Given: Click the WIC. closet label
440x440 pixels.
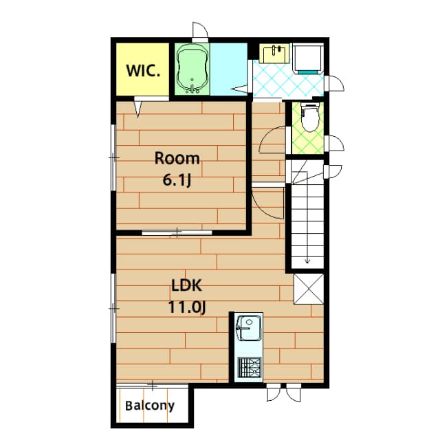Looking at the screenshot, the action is click(x=143, y=71).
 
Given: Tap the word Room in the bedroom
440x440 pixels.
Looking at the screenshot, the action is click(x=177, y=158).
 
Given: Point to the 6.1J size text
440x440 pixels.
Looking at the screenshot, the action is click(x=177, y=180).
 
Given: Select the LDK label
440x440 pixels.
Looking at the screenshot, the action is click(x=186, y=286).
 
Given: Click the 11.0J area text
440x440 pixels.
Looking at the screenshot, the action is click(x=187, y=307).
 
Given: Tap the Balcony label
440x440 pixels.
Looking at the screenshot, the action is click(x=150, y=406).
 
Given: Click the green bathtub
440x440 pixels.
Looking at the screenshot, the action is click(x=192, y=69).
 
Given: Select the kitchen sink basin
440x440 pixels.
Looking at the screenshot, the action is click(x=249, y=328).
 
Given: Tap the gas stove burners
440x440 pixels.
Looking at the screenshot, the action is click(x=249, y=367).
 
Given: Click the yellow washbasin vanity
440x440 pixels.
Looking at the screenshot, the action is click(x=274, y=54).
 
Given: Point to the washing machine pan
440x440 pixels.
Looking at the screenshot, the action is click(x=308, y=58).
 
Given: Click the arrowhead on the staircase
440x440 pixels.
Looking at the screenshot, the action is click(x=307, y=261).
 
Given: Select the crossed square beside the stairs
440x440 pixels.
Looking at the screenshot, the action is click(x=309, y=289).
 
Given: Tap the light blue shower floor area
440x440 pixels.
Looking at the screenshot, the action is click(x=228, y=69).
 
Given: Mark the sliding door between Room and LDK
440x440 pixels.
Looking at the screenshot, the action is click(x=177, y=232).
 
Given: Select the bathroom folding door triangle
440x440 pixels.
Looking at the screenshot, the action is click(x=239, y=89).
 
